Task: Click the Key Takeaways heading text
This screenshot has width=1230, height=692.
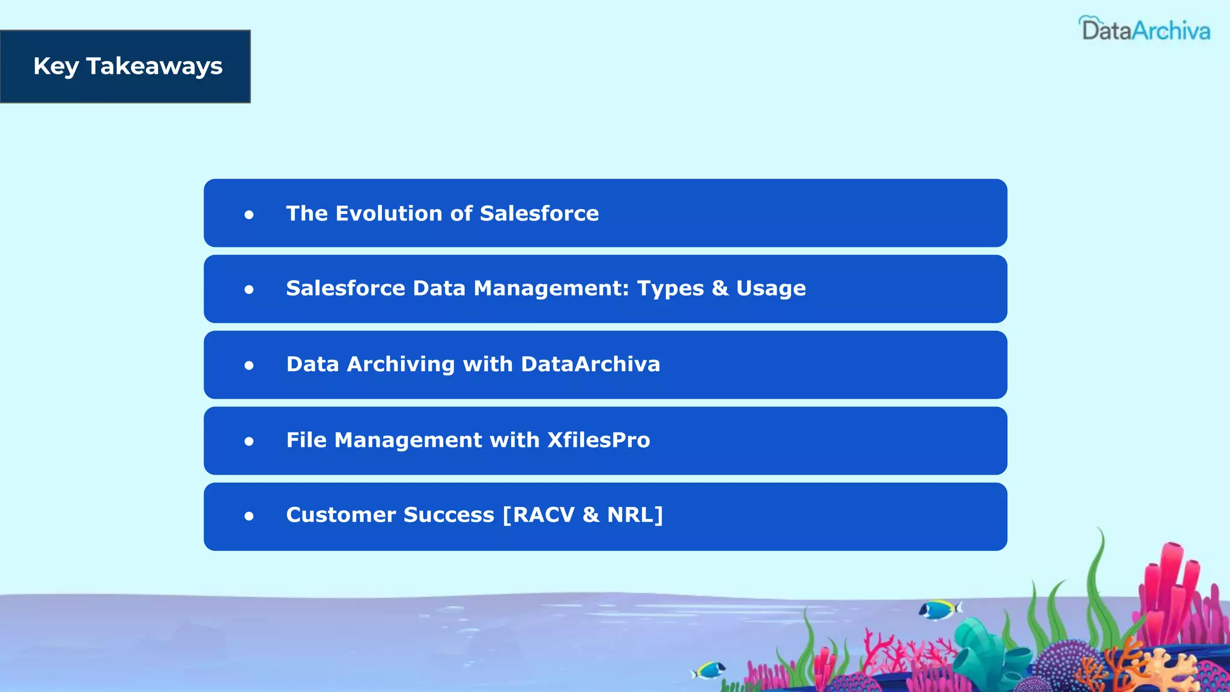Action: (x=128, y=66)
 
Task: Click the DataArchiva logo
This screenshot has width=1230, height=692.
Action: (x=1145, y=29)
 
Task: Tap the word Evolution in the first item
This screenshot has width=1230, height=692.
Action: (x=389, y=213)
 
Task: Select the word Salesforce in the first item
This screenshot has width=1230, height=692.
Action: (x=539, y=213)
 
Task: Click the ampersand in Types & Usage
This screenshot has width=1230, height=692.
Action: (x=720, y=288)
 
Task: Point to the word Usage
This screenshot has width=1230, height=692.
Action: (x=771, y=289)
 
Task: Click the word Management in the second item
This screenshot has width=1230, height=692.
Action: (x=551, y=288)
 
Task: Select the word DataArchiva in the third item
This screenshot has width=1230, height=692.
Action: (x=590, y=364)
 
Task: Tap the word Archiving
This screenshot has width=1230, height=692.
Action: (x=401, y=365)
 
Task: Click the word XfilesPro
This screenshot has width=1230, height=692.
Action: (x=598, y=440)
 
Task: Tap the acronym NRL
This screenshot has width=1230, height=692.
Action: (x=631, y=515)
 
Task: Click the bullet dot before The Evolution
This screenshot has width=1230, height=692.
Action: (x=249, y=214)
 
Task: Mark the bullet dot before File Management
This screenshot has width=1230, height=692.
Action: (x=249, y=442)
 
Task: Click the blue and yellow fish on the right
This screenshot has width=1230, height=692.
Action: (x=939, y=610)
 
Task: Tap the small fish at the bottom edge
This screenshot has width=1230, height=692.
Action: (x=709, y=669)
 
